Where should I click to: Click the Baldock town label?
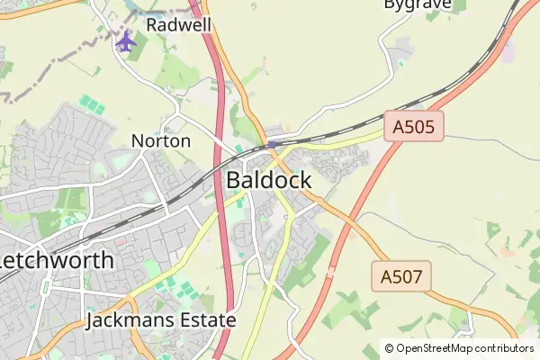(x=269, y=180)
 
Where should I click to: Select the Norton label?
(x=161, y=141)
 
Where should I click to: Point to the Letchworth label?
(x=57, y=261)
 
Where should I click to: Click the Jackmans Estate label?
(x=162, y=320)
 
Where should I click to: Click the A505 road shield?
(x=414, y=127)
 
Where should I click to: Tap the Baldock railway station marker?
(x=272, y=144)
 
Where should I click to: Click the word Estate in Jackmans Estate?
(x=208, y=320)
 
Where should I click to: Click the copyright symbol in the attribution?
(x=390, y=348)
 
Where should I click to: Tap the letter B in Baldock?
(x=233, y=180)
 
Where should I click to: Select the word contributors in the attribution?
(x=504, y=348)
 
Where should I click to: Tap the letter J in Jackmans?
(x=93, y=320)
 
